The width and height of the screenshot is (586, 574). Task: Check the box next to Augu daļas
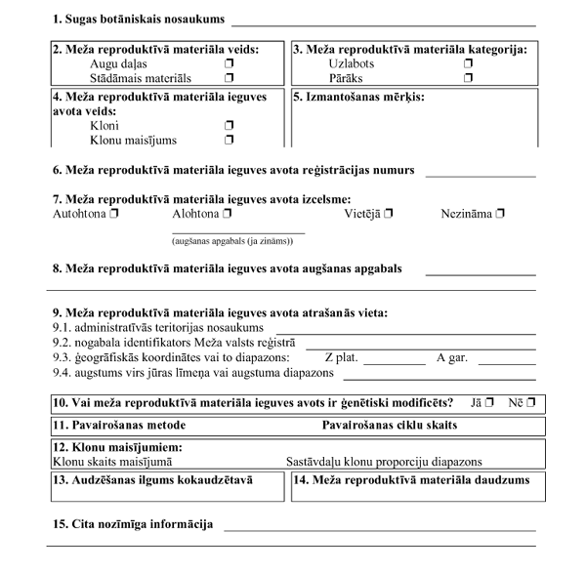[230, 63]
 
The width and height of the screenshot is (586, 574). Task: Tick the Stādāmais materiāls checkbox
[230, 77]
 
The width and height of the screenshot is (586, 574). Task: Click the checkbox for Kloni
[230, 126]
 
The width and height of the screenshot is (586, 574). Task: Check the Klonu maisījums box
[230, 140]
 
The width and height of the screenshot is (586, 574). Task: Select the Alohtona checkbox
[227, 213]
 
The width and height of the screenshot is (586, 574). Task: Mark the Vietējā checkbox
[388, 213]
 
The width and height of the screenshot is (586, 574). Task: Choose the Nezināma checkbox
[501, 213]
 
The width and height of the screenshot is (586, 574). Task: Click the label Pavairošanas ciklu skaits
[390, 426]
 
